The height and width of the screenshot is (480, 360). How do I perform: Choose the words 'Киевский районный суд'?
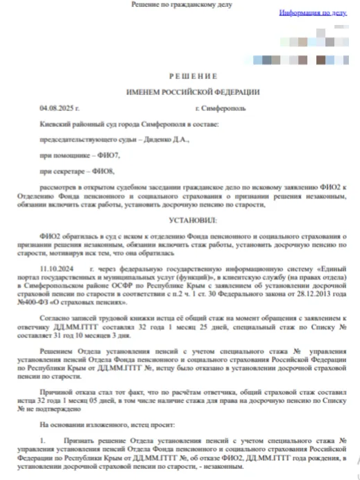click(76, 124)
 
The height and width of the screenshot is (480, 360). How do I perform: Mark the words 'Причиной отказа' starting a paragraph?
click(66, 392)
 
